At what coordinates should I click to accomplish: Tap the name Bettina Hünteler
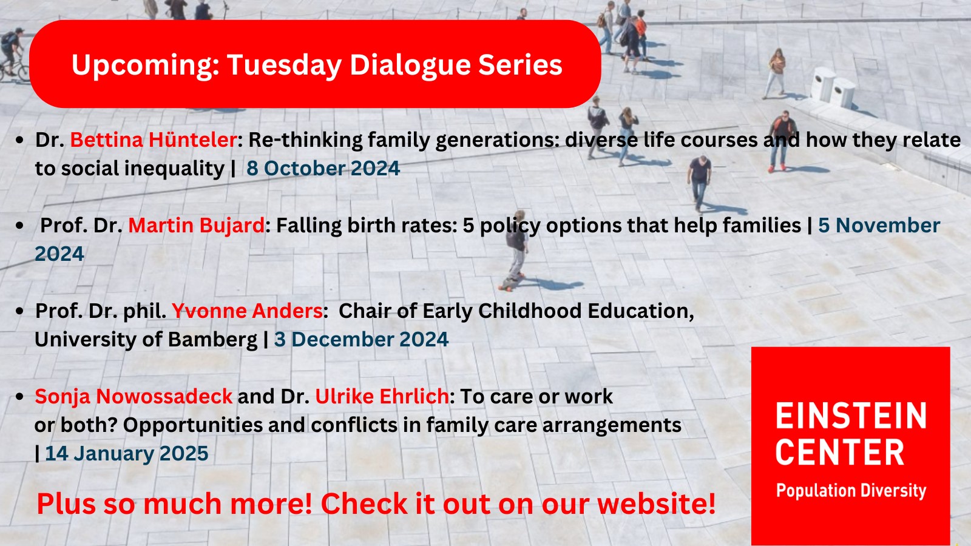point(154,140)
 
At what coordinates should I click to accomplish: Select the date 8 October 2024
point(323,168)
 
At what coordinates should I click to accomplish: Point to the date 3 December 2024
point(361,339)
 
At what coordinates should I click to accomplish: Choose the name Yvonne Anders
point(247,311)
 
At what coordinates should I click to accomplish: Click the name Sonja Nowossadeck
point(134,397)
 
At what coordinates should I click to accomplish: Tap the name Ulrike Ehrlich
point(382,396)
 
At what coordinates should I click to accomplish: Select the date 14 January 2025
point(127,454)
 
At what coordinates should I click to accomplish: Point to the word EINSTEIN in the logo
point(851,416)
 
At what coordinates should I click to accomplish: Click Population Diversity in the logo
point(851,491)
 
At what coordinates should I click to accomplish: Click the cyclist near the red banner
point(12,54)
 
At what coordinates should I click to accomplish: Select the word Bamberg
point(212,340)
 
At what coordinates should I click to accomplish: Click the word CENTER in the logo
point(840,452)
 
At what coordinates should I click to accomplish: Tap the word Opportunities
point(193,425)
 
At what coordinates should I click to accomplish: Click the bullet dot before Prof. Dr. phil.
point(19,311)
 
